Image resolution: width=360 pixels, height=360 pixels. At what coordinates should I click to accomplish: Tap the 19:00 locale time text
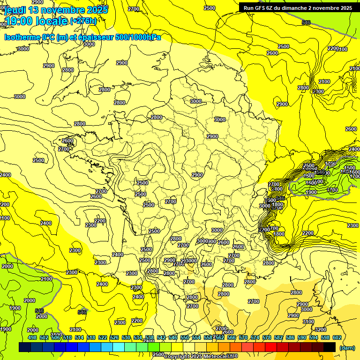pyautogui.click(x=36, y=21)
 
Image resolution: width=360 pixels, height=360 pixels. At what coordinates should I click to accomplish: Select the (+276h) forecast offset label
pyautogui.click(x=83, y=21)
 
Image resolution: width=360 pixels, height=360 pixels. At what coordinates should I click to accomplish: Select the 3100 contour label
pyautogui.click(x=308, y=322)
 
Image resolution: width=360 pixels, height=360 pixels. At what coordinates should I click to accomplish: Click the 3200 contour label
pyautogui.click(x=321, y=330)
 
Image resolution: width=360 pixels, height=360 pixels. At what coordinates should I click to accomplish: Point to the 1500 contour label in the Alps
pyautogui.click(x=349, y=168)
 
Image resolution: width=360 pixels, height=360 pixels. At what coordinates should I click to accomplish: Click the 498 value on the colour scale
pyautogui.click(x=32, y=337)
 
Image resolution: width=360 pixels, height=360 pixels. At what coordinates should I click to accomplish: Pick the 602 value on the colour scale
pyautogui.click(x=337, y=337)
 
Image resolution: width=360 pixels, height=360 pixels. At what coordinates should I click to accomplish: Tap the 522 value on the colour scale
pyautogui.click(x=103, y=337)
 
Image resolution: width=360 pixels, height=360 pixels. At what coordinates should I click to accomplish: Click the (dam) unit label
pyautogui.click(x=347, y=347)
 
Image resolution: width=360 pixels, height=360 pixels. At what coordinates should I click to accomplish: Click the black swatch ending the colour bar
pyautogui.click(x=330, y=347)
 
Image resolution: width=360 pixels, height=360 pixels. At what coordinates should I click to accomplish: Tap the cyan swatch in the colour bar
pyautogui.click(x=119, y=347)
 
